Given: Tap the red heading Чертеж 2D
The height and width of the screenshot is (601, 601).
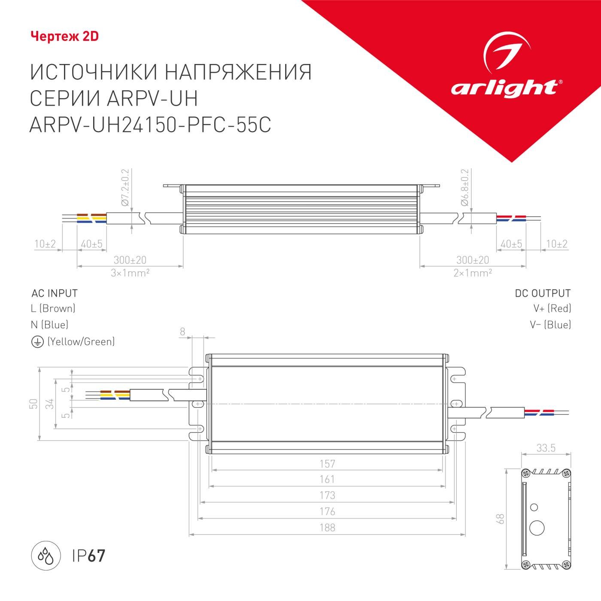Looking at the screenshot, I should pyautogui.click(x=65, y=36).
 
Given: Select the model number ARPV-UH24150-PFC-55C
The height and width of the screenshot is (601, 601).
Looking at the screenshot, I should pyautogui.click(x=150, y=125).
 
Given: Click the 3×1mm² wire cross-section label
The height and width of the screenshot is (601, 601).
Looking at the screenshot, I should pyautogui.click(x=130, y=273).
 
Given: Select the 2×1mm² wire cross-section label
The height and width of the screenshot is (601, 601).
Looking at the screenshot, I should pyautogui.click(x=473, y=273).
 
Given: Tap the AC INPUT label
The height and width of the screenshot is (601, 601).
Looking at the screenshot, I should pyautogui.click(x=55, y=294).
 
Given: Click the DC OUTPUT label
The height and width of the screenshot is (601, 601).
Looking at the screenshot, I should pyautogui.click(x=543, y=294).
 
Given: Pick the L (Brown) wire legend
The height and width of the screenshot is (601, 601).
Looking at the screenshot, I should pyautogui.click(x=53, y=308).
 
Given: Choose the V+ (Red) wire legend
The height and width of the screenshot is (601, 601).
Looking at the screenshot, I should pyautogui.click(x=552, y=308).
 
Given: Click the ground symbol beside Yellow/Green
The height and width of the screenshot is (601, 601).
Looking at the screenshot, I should pyautogui.click(x=37, y=342).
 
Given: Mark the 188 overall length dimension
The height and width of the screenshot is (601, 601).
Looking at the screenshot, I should pyautogui.click(x=327, y=528).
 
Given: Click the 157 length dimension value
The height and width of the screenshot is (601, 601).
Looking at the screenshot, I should pyautogui.click(x=327, y=464).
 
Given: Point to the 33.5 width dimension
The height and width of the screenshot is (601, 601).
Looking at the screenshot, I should pyautogui.click(x=546, y=448).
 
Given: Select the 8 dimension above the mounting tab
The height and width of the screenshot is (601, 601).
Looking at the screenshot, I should pyautogui.click(x=182, y=331).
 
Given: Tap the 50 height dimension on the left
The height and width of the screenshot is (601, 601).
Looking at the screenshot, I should pyautogui.click(x=33, y=404).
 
